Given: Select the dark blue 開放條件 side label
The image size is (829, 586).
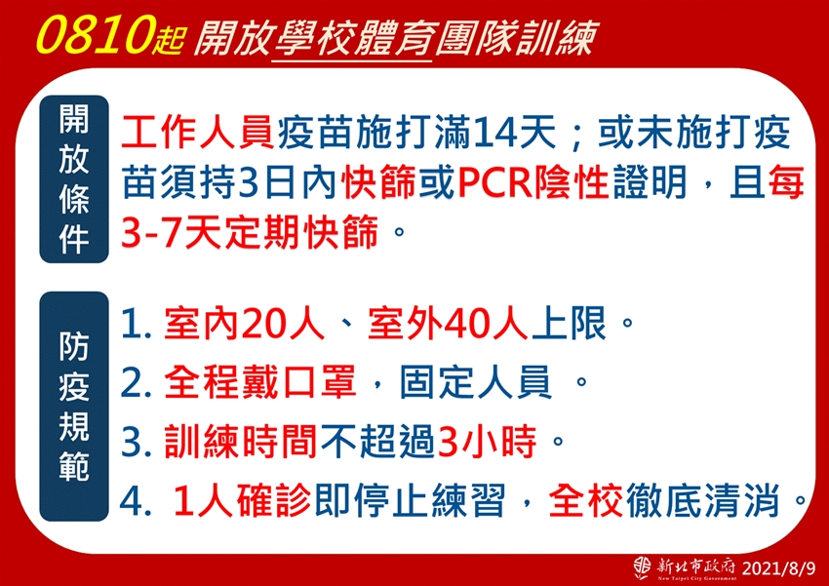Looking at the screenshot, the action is tap(74, 179).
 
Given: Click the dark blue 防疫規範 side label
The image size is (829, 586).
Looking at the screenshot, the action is tap(74, 407).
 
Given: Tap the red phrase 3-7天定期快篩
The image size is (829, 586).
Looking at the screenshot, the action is tap(250, 231).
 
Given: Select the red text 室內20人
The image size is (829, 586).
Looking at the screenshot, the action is tap(244, 323).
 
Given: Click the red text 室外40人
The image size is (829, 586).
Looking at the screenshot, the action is tap(448, 323).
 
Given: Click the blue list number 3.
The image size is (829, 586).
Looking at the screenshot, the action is tap(130, 442).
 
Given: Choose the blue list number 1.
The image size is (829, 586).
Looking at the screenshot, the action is tap(130, 324).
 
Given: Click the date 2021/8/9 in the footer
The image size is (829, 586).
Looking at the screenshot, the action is tap(779, 568).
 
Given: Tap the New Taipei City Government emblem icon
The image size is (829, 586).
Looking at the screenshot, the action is tap(643, 567).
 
